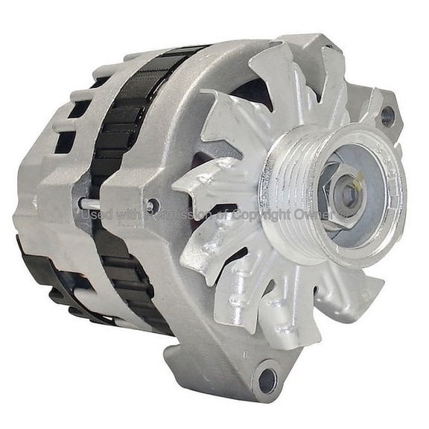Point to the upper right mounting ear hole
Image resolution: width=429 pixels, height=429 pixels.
click(x=387, y=115)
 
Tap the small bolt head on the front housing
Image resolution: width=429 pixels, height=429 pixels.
click(x=152, y=206)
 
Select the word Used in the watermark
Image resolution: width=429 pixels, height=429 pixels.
click(x=95, y=214)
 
